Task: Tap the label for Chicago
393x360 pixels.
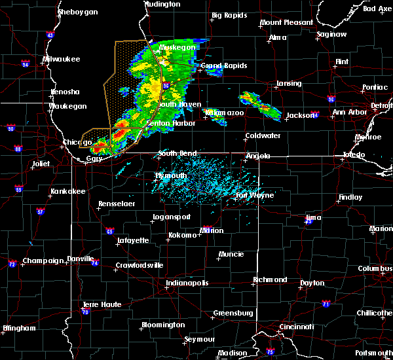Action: coord(77,142)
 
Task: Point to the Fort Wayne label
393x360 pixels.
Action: coord(250,194)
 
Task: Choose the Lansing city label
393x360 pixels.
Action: coord(288,83)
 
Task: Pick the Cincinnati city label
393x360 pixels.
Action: coord(295,326)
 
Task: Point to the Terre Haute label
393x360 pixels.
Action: coord(102,304)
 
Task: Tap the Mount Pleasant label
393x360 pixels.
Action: coord(286,22)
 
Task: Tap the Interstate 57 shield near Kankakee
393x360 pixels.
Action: coord(40,211)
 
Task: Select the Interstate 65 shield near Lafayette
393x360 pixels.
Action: coord(110,231)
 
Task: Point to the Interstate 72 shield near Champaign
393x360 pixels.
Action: coord(12,264)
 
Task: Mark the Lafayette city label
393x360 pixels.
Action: coord(133,240)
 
